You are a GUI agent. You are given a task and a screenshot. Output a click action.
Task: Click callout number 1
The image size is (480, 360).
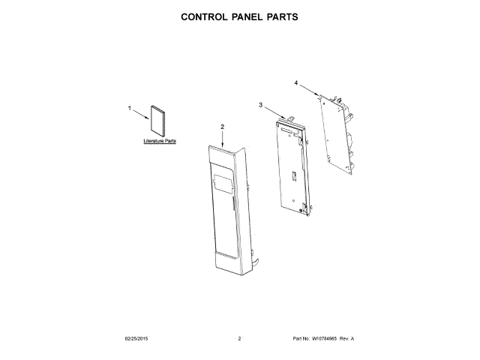click(x=129, y=109)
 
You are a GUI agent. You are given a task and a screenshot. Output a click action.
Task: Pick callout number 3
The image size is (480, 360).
click(x=260, y=106)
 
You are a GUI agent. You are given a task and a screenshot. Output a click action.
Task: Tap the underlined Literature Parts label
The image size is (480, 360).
click(x=160, y=141)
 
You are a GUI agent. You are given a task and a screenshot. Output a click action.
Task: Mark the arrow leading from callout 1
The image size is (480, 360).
click(x=141, y=112)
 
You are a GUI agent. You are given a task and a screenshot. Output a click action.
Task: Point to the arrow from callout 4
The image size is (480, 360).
click(x=308, y=89)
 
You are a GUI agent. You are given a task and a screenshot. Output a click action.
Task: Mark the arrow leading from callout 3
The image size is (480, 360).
click(x=274, y=112)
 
